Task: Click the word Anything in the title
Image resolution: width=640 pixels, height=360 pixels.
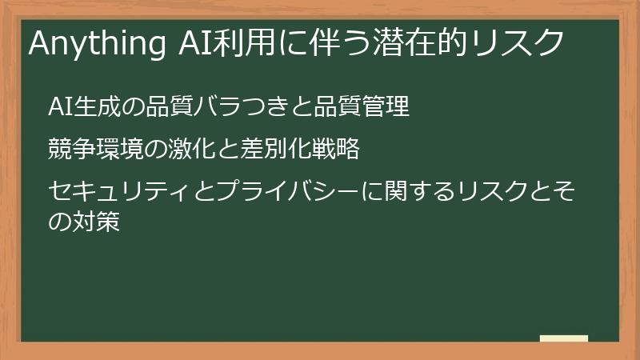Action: pos(96,43)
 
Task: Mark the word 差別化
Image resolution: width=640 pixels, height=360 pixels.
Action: pos(261,149)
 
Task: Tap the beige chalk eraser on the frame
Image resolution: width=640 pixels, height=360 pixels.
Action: pos(564,339)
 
